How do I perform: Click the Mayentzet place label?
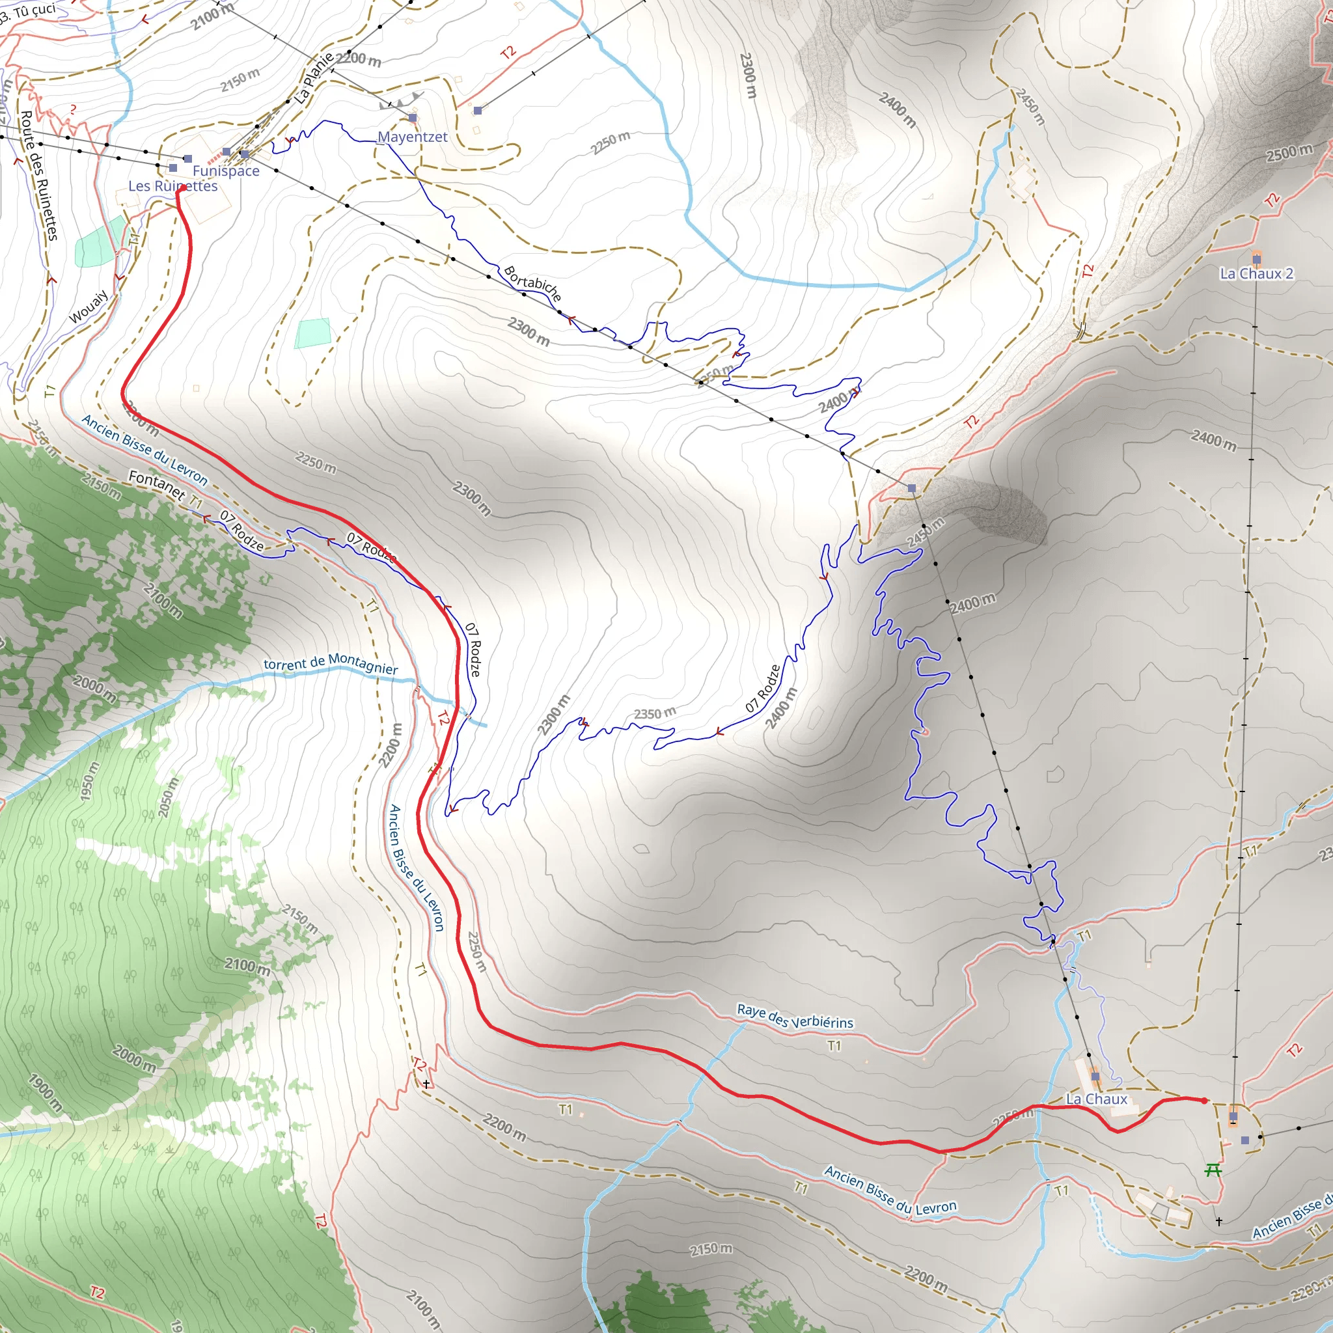(x=413, y=137)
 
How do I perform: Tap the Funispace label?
(x=226, y=171)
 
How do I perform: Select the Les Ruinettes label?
(x=172, y=186)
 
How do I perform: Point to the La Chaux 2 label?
(x=1256, y=273)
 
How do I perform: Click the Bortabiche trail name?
(x=532, y=284)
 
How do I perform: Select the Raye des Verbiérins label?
(x=795, y=1015)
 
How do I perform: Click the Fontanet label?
(x=157, y=485)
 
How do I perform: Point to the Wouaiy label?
(x=89, y=307)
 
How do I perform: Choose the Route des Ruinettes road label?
(x=38, y=175)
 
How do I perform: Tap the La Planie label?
(x=314, y=78)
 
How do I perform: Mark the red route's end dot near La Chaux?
(x=1205, y=1101)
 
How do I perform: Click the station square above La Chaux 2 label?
(x=1256, y=260)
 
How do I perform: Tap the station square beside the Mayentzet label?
(x=413, y=118)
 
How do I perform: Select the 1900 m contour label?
(x=45, y=1092)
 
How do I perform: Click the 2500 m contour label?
(x=1289, y=152)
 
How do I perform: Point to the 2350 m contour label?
(x=655, y=713)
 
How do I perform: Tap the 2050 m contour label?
(x=169, y=797)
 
